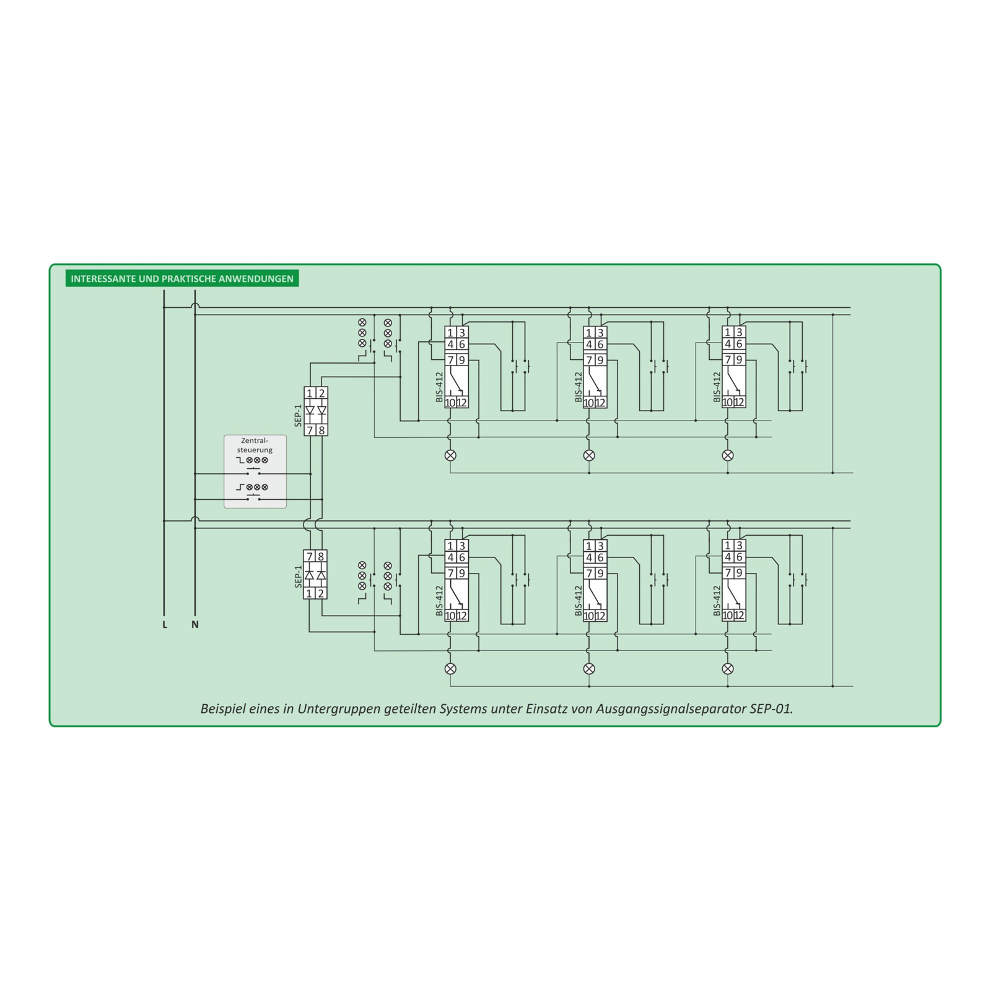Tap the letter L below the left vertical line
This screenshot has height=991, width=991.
[x=165, y=624]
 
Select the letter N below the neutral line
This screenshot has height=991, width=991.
[x=195, y=624]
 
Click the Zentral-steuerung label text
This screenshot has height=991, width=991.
[x=255, y=445]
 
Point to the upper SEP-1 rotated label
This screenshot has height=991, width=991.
[x=298, y=415]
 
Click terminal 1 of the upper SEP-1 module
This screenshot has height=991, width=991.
[x=310, y=393]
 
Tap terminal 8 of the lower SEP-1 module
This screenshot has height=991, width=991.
[x=321, y=557]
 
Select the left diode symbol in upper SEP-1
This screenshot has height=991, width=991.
[x=310, y=411]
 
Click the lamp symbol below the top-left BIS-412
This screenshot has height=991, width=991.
[x=451, y=455]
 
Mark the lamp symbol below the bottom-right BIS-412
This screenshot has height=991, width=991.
[x=728, y=668]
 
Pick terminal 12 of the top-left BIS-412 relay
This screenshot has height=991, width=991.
[x=461, y=403]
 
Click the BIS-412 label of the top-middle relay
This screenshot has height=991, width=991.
[x=578, y=387]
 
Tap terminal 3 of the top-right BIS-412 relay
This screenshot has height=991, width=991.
[x=739, y=333]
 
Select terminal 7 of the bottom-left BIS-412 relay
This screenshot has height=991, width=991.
[x=451, y=573]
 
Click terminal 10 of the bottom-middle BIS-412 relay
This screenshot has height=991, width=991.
[x=589, y=616]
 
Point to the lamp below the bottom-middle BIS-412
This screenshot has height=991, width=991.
[x=589, y=668]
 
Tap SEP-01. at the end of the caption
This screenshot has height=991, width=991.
[x=771, y=709]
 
